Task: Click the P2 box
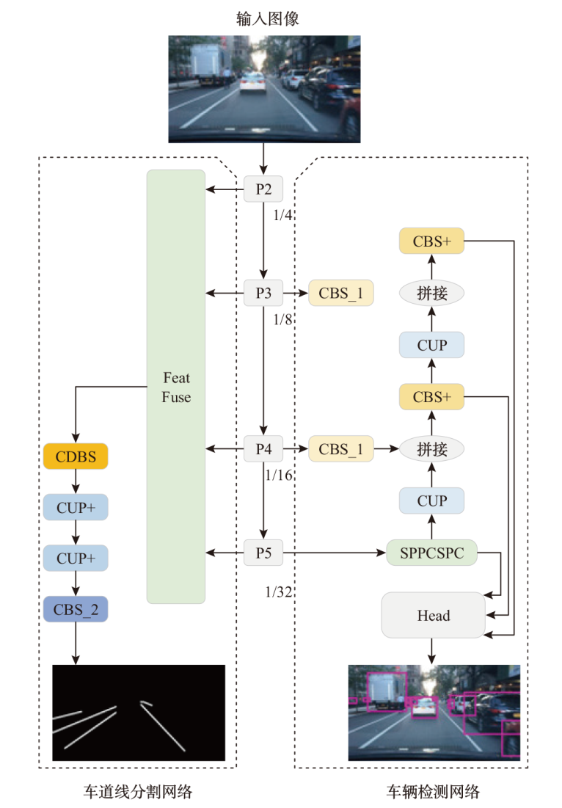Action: [x=263, y=189]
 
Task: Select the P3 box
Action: [x=263, y=293]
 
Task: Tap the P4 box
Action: [x=263, y=448]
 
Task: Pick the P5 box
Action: [x=263, y=553]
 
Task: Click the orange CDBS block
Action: [x=76, y=456]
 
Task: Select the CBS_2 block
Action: [x=76, y=609]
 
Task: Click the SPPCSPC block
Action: [x=431, y=553]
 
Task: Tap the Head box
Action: [x=433, y=616]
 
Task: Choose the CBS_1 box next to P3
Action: [x=341, y=293]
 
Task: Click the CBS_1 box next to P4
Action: [x=341, y=448]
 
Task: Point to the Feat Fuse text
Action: [x=176, y=387]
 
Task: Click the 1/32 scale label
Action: [x=280, y=592]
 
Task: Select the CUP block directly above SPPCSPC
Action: [x=432, y=501]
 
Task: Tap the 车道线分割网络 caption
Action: [x=137, y=791]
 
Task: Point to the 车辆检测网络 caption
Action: [x=433, y=791]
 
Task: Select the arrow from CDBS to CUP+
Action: [x=76, y=481]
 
